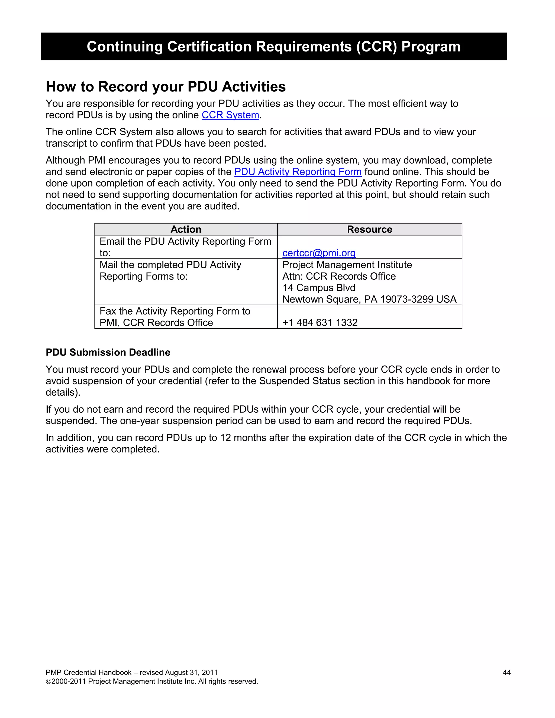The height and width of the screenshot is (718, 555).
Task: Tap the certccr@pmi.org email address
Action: (319, 253)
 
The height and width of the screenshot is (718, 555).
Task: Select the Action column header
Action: (186, 229)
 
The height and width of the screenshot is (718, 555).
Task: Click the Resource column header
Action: (369, 229)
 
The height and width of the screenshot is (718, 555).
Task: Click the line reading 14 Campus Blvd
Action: (319, 288)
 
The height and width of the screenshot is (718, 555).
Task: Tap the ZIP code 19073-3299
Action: (407, 299)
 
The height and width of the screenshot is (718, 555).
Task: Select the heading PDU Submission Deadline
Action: (108, 352)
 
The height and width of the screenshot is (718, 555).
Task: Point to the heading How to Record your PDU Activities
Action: (166, 87)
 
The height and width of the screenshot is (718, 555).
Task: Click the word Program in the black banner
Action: (431, 46)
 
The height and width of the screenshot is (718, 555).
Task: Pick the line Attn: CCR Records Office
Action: (339, 276)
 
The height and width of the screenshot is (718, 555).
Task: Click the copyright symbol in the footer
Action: (48, 681)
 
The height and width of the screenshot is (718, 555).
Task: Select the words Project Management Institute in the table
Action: (347, 265)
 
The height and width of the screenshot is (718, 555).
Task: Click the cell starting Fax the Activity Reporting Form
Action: (175, 316)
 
